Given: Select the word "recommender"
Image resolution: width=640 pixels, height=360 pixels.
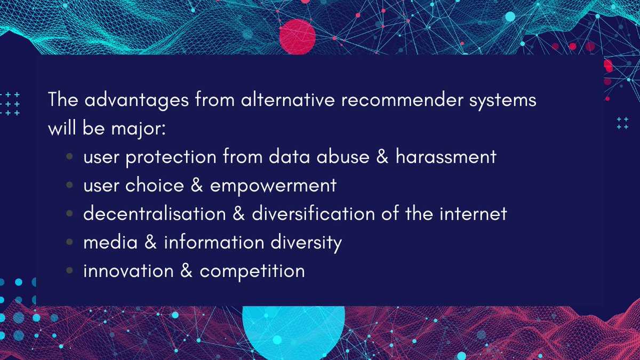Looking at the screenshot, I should pyautogui.click(x=405, y=100).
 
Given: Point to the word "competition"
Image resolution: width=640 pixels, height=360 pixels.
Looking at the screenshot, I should pyautogui.click(x=252, y=271).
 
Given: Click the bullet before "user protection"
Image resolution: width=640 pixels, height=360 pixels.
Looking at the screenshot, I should pyautogui.click(x=70, y=157).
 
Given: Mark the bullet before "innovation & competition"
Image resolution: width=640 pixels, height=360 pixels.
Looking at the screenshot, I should pyautogui.click(x=70, y=271).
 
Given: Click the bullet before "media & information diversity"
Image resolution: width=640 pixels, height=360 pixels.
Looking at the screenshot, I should pyautogui.click(x=70, y=243).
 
